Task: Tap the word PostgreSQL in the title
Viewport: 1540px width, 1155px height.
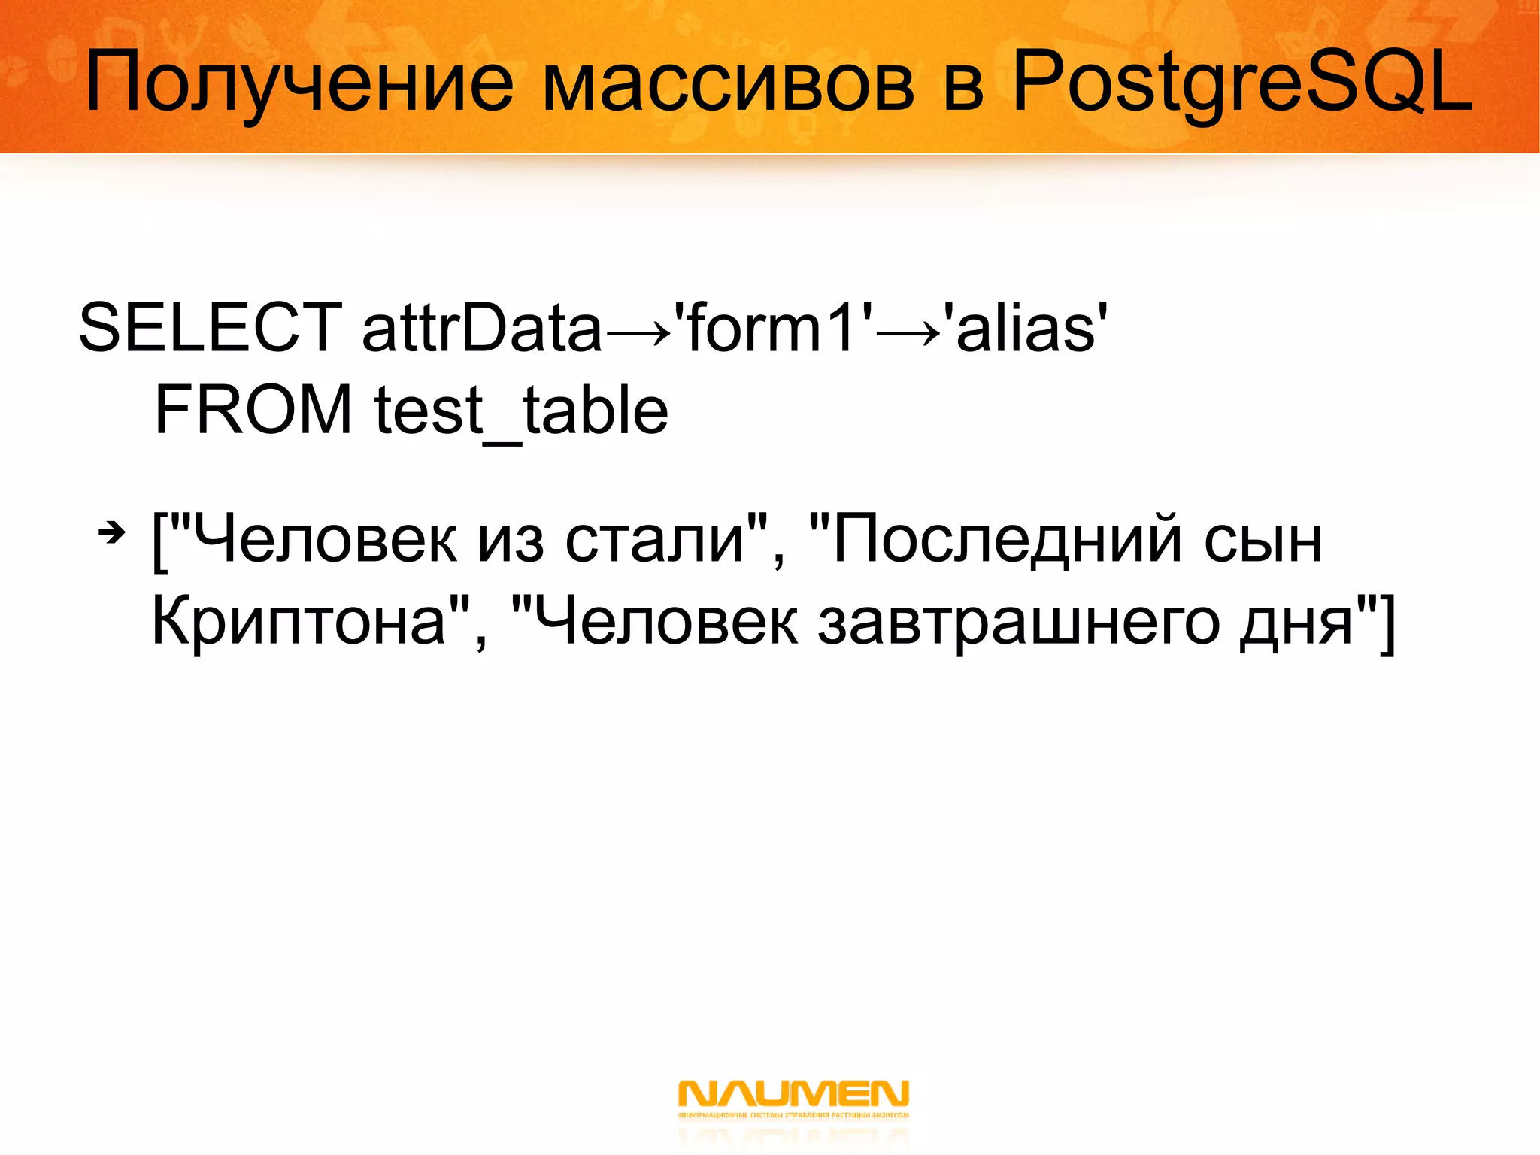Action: point(1241,83)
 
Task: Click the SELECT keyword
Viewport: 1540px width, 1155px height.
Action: point(211,327)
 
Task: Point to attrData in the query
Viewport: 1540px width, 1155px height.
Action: point(481,327)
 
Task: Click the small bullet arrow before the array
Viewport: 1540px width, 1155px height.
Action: point(111,534)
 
